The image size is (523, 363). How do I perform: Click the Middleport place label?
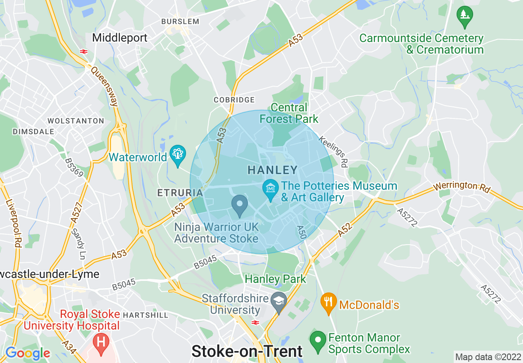(x=120, y=38)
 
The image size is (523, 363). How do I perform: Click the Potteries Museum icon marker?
(x=270, y=188)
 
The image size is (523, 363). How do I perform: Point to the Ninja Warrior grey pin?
(x=240, y=205)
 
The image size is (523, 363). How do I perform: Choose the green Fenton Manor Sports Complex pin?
(x=318, y=340)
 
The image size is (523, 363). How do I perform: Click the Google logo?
(x=27, y=353)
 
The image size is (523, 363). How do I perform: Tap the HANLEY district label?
(x=272, y=170)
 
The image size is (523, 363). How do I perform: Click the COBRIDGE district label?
(x=234, y=100)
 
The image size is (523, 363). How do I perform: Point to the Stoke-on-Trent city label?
(x=247, y=351)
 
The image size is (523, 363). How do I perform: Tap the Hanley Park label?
(x=276, y=279)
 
